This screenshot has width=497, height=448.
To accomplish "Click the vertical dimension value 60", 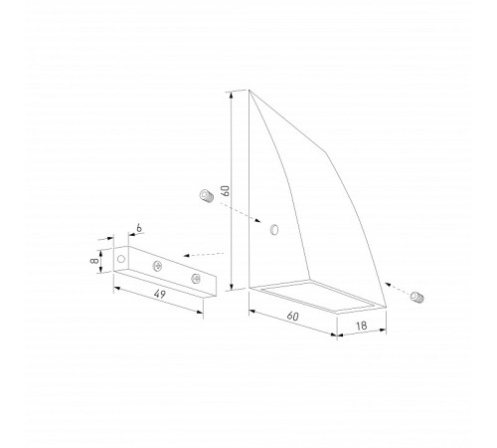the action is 226,191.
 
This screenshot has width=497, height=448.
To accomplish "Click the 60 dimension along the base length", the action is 292,316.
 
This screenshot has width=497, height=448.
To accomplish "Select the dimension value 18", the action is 362,326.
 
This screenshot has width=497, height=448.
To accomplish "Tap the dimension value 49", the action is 159,294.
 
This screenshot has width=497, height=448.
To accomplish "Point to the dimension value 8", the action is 94,260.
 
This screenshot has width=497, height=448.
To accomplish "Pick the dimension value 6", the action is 139,228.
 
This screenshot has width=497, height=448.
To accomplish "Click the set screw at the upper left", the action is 207,196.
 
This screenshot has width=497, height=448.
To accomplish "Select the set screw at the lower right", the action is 416,297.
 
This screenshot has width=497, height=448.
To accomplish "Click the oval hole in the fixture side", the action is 274,230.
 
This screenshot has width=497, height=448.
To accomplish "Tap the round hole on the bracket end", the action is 121,259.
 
